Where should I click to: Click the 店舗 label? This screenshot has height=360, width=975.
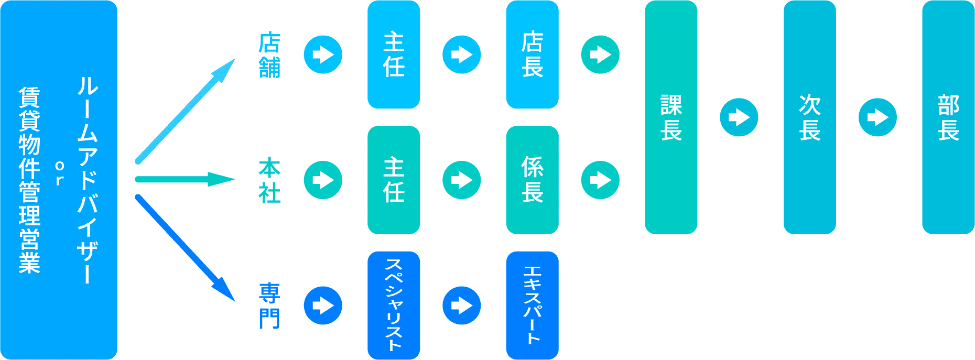(x=269, y=55)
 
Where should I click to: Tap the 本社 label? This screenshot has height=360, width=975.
(x=269, y=180)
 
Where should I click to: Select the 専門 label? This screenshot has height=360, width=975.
(x=269, y=306)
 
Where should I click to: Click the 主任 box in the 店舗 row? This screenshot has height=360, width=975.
(x=394, y=54)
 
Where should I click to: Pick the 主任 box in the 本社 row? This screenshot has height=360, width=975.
(x=394, y=180)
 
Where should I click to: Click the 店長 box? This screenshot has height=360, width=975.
(x=532, y=54)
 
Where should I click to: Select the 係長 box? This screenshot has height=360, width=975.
(x=532, y=180)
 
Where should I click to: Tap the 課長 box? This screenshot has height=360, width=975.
(x=671, y=117)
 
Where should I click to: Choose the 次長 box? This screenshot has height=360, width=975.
(x=809, y=117)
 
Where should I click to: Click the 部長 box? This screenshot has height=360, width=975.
(x=948, y=117)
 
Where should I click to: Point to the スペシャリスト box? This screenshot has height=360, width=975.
(x=394, y=306)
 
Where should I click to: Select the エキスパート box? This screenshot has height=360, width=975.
(x=532, y=306)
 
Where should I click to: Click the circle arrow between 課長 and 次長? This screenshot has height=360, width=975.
(x=739, y=117)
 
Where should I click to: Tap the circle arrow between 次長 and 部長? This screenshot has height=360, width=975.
(x=877, y=117)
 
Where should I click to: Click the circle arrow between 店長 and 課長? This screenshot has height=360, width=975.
(x=600, y=54)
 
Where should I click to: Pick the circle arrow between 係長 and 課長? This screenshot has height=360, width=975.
(x=600, y=180)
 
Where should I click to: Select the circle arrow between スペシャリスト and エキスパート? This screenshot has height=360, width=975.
(x=462, y=306)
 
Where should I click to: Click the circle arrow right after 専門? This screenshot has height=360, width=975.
(x=323, y=306)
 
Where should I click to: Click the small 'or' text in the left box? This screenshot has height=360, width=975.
(x=59, y=173)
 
